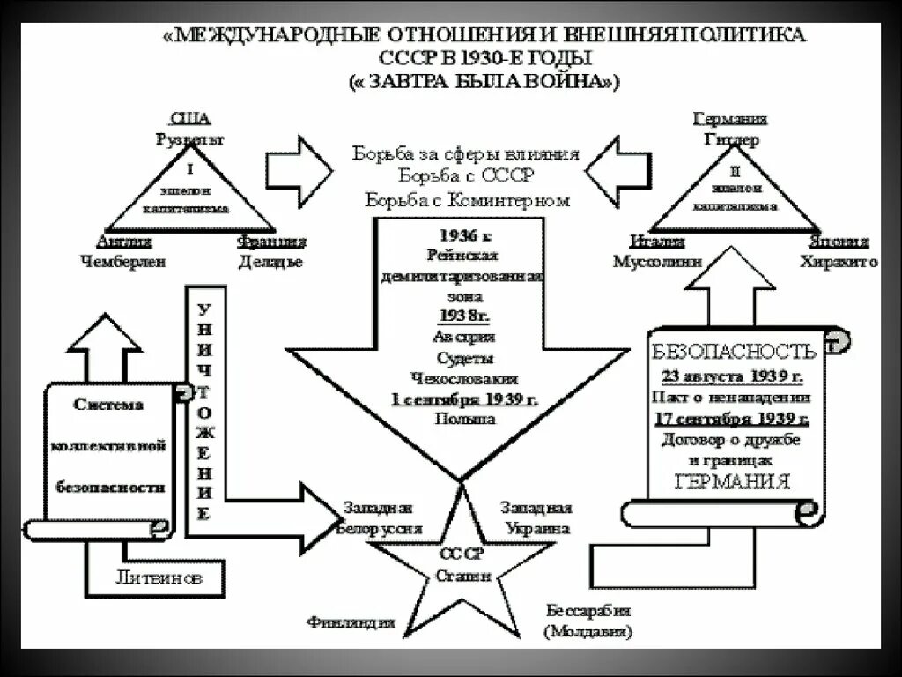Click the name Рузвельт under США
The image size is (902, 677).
click(x=190, y=138)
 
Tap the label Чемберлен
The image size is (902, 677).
click(x=123, y=261)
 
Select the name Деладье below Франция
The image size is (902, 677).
click(x=270, y=261)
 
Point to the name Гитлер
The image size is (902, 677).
click(x=731, y=139)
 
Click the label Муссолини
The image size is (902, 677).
click(x=658, y=261)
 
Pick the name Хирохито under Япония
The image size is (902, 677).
click(x=838, y=261)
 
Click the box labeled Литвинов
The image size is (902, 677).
click(x=159, y=578)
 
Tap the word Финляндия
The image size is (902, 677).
click(x=351, y=622)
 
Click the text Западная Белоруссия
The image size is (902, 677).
click(x=380, y=518)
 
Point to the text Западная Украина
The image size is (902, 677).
click(x=536, y=518)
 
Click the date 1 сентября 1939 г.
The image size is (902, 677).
click(x=464, y=399)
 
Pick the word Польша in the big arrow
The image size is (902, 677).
click(x=464, y=420)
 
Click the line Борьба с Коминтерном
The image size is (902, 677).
click(x=466, y=200)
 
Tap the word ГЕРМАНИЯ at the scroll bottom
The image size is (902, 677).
click(x=731, y=482)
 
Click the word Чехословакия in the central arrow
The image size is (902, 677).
click(x=464, y=379)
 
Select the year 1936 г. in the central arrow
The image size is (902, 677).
click(x=464, y=235)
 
